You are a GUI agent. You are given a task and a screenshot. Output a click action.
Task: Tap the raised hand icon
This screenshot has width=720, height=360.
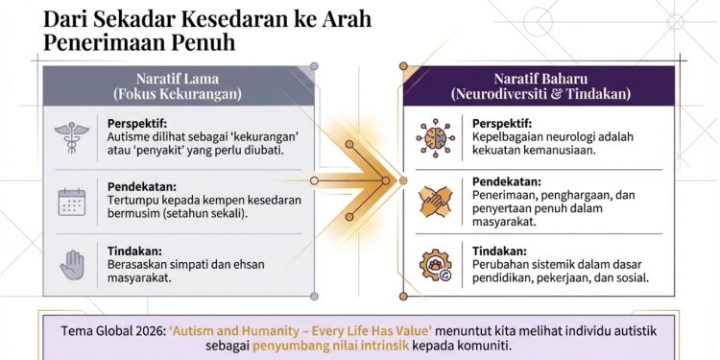(x=71, y=264)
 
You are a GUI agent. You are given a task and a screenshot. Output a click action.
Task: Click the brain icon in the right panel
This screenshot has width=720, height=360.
(x=435, y=139)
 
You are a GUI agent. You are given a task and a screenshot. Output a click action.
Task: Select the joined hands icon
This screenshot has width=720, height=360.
(x=435, y=202)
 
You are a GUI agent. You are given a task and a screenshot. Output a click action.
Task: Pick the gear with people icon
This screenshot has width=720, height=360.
(x=435, y=264)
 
